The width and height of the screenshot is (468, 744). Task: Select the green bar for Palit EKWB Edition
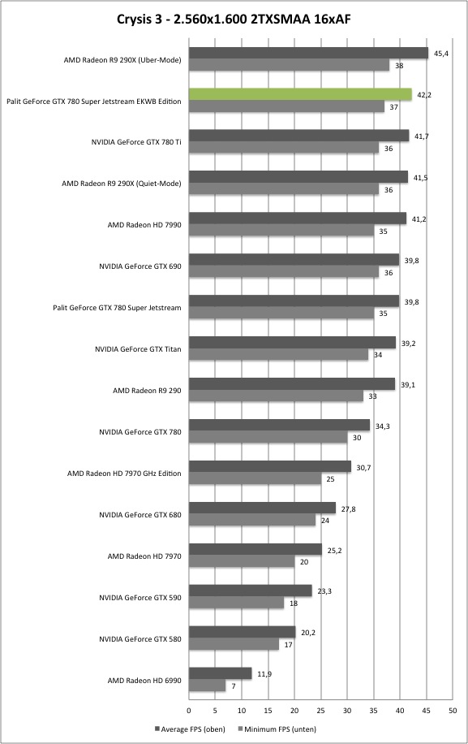pyautogui.click(x=300, y=94)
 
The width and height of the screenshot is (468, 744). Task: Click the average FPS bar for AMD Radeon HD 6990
pyautogui.click(x=221, y=673)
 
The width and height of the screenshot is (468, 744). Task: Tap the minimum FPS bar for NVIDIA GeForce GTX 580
pyautogui.click(x=234, y=644)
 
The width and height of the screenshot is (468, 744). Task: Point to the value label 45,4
pyautogui.click(x=440, y=54)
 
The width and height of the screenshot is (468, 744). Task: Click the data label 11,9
pyautogui.click(x=264, y=674)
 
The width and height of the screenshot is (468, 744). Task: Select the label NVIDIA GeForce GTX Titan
pyautogui.click(x=138, y=349)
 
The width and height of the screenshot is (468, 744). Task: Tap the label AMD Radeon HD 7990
pyautogui.click(x=144, y=225)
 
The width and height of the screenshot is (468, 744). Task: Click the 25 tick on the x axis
pyautogui.click(x=320, y=711)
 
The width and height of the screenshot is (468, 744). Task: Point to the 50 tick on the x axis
pyautogui.click(x=453, y=711)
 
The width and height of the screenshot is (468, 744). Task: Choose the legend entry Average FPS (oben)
pyautogui.click(x=190, y=729)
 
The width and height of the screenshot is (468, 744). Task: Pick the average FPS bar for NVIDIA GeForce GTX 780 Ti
pyautogui.click(x=299, y=136)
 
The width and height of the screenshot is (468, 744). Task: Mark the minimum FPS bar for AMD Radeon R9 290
pyautogui.click(x=276, y=396)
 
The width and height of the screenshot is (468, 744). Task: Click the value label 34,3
pyautogui.click(x=383, y=426)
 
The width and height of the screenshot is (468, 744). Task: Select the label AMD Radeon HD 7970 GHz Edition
pyautogui.click(x=124, y=474)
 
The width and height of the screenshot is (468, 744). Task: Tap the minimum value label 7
pyautogui.click(x=234, y=686)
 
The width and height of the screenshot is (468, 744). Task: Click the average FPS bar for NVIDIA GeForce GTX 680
pyautogui.click(x=263, y=508)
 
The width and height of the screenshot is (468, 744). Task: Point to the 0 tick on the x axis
pyautogui.click(x=189, y=711)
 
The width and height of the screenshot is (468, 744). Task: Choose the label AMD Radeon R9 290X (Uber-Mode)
pyautogui.click(x=122, y=60)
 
